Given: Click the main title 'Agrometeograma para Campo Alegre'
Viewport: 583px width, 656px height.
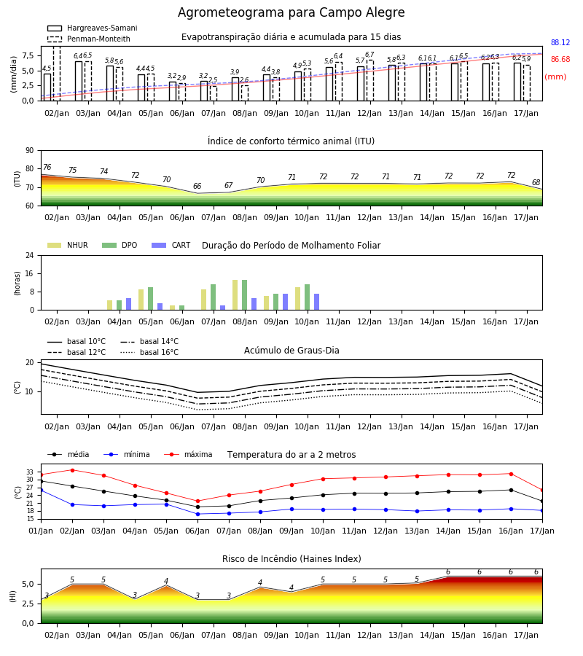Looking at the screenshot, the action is (x=291, y=12).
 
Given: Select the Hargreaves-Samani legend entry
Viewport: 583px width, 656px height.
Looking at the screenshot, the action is (x=92, y=28).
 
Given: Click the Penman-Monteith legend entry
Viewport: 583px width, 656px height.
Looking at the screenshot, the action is (x=89, y=39).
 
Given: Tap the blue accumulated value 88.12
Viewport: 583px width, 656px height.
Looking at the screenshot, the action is (x=560, y=43).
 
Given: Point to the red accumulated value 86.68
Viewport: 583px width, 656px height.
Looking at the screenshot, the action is (x=560, y=60).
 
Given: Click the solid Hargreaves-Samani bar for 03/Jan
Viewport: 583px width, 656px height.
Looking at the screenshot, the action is (x=79, y=81).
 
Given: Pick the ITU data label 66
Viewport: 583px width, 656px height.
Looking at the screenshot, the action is (x=197, y=186).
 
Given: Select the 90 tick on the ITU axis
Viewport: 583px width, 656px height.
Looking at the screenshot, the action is (x=30, y=151).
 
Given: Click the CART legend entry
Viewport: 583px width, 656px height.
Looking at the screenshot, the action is (x=171, y=245).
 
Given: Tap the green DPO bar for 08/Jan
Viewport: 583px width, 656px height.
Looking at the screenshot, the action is (x=245, y=295).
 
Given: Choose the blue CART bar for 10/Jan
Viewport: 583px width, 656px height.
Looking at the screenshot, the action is (x=316, y=302).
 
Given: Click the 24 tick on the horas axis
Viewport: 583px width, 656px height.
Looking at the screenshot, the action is (x=30, y=256).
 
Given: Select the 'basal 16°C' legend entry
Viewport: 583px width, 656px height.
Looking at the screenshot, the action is (x=149, y=352).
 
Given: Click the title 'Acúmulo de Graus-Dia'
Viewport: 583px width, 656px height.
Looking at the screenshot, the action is (x=291, y=351).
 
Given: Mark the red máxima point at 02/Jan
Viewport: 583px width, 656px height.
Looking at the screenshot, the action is (x=72, y=470).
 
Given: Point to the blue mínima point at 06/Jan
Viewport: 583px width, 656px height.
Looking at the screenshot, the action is (x=197, y=514).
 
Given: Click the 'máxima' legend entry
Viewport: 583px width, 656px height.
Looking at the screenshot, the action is (x=189, y=454).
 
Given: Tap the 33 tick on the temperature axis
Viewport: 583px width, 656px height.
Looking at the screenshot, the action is (x=30, y=472).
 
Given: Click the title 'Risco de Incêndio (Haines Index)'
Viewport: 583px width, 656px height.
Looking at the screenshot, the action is (x=291, y=559).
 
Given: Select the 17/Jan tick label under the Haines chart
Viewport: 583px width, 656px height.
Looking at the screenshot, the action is (x=526, y=635).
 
